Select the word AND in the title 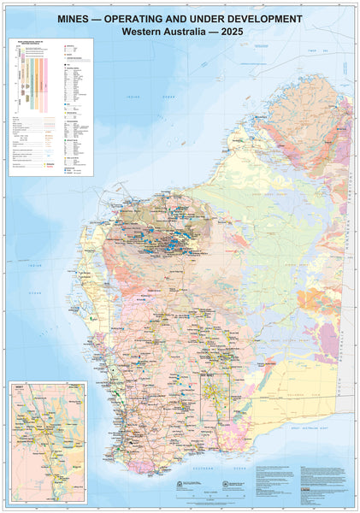(x=202, y=17)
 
